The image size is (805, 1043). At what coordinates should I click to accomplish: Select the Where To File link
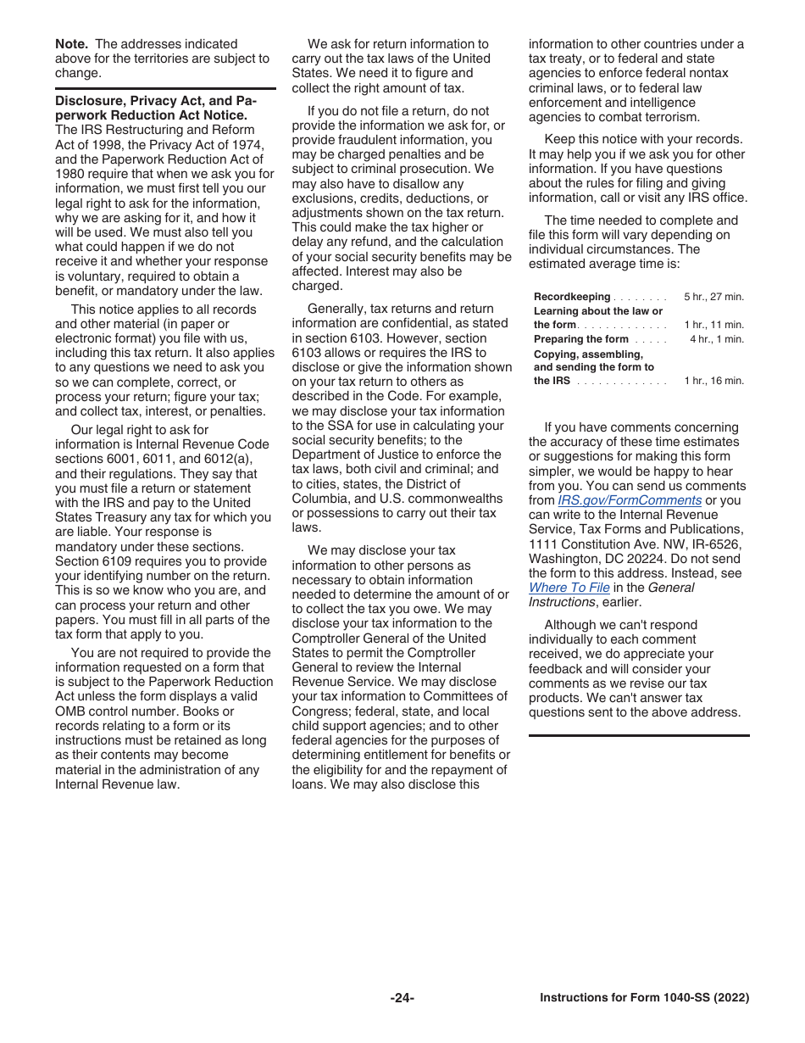point(569,588)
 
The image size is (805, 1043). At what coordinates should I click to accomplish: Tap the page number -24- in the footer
point(402,998)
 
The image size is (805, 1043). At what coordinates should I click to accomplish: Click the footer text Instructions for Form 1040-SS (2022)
point(644,998)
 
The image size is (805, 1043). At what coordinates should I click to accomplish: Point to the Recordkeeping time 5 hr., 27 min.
point(713,297)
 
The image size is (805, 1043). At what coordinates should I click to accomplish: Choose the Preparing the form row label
point(581,339)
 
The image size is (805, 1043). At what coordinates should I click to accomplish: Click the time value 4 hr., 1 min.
point(716,339)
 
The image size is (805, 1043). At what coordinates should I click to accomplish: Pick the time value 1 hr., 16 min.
point(713,381)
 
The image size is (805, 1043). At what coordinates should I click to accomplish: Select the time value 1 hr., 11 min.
point(713,325)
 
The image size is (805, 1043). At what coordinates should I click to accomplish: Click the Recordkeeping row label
point(572,297)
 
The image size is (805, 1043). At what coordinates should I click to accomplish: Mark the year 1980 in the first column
point(69,174)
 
